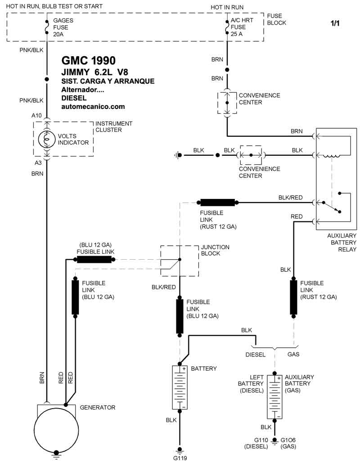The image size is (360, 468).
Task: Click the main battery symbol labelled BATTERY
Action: tap(180, 387)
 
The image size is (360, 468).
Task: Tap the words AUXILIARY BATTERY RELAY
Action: tap(342, 242)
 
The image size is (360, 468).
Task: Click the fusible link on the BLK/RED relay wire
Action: tap(217, 202)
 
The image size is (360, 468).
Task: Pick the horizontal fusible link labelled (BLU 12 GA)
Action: tap(94, 260)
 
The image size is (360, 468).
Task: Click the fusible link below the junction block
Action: tap(180, 315)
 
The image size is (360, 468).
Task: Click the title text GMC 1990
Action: tap(88, 61)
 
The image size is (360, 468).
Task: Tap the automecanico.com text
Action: tap(93, 107)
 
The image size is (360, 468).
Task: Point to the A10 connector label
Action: tap(36, 116)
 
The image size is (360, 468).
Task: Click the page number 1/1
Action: tap(335, 23)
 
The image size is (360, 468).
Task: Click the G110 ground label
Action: tap(261, 440)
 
